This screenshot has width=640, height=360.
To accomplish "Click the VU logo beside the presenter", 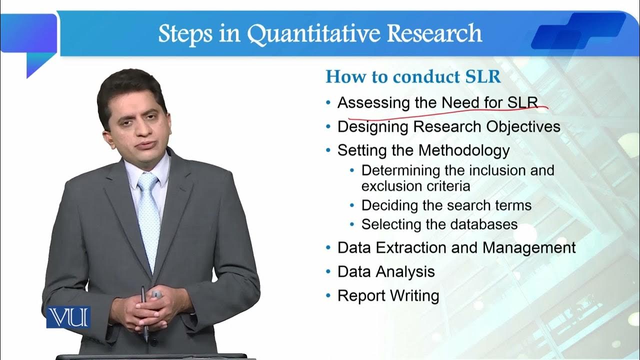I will click(68, 317).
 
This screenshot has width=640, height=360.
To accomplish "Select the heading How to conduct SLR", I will click(413, 77).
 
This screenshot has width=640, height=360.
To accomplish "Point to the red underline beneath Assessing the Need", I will click(440, 112).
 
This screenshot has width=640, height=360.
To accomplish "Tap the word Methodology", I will click(464, 150).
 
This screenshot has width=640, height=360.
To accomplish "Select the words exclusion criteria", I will click(415, 186).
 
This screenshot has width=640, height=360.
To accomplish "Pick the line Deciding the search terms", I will click(446, 205).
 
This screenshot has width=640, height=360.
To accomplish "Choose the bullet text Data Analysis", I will click(386, 271).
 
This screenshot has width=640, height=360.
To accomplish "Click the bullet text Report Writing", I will click(388, 295).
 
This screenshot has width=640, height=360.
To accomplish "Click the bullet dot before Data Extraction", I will click(328, 247).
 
